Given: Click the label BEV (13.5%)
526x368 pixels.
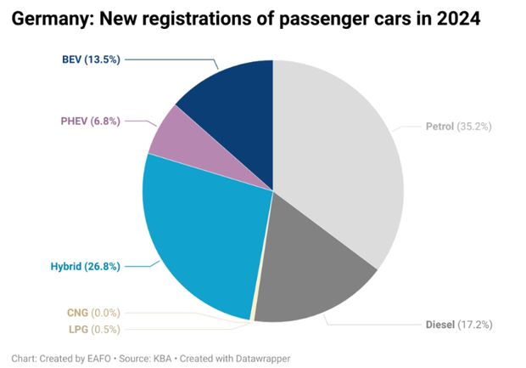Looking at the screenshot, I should pos(91,59).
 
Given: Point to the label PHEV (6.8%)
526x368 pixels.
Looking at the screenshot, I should pos(90,122).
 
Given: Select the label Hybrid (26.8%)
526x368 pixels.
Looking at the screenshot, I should pos(84,266).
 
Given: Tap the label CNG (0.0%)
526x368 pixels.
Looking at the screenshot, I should pos(93,313).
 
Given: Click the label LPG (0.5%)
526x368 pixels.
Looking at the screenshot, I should pos(93,329).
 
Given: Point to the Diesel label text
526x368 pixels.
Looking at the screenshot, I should pos(439,325).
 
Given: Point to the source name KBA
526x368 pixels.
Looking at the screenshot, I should pos(163,359).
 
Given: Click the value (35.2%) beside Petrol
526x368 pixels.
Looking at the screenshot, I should pos(475,127).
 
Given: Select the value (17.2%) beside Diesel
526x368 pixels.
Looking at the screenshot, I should pos(475,325).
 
